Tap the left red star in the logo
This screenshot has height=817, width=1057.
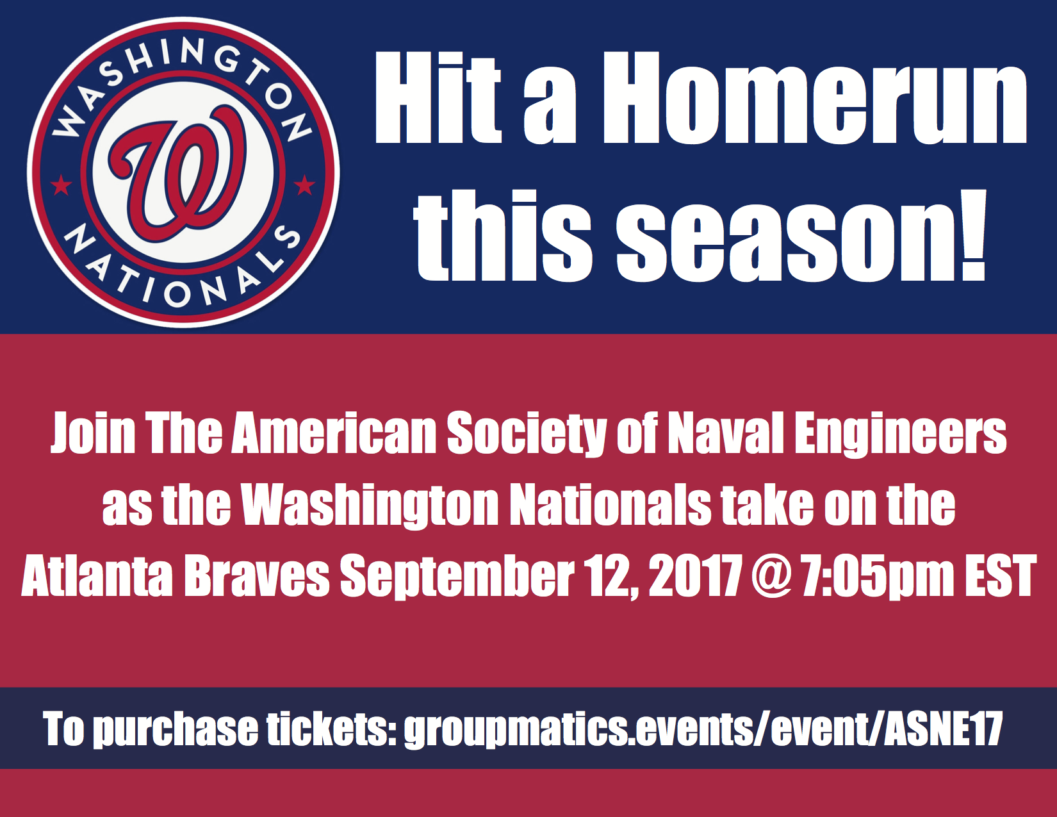pyautogui.click(x=61, y=185)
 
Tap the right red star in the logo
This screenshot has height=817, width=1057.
pyautogui.click(x=304, y=185)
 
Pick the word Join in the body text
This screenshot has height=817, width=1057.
pyautogui.click(x=93, y=433)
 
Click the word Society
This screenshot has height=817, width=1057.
pyautogui.click(x=527, y=433)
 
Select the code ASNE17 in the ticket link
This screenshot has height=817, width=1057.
pyautogui.click(x=943, y=729)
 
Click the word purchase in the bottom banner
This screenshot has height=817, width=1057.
pyautogui.click(x=175, y=730)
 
